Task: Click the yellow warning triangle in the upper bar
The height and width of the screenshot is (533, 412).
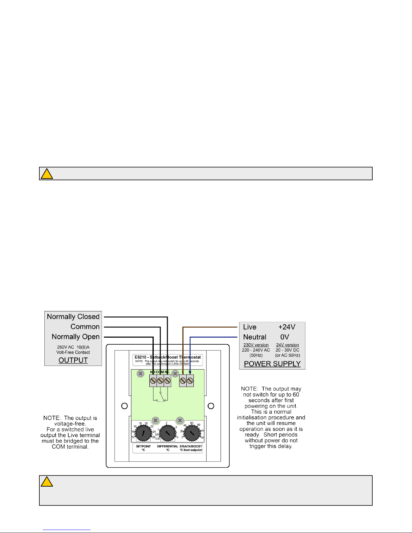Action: coord(47,174)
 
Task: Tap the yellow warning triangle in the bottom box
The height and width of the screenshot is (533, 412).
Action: coord(47,482)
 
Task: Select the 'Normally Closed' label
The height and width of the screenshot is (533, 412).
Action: coord(73,317)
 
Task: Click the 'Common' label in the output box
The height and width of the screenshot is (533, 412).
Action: coord(85,327)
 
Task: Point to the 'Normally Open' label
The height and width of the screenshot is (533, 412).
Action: coord(76,337)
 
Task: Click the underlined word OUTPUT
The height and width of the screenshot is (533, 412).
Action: coord(73,360)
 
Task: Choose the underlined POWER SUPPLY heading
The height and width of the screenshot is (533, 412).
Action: coord(272,364)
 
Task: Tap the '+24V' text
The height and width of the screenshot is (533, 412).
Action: coord(287,327)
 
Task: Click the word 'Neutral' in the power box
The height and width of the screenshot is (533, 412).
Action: coord(255,337)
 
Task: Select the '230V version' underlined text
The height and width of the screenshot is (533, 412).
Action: coord(256,345)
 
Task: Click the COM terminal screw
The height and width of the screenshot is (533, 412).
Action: coord(160,381)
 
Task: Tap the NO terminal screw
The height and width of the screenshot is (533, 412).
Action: coord(153,381)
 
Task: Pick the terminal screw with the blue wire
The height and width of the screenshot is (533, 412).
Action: coord(190,381)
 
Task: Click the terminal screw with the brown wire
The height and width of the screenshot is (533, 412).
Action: coord(183,381)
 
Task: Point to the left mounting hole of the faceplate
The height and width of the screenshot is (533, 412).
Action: coord(124,406)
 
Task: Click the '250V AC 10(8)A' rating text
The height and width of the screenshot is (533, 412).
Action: coord(73,347)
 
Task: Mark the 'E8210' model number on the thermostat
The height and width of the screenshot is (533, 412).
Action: coord(140,357)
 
